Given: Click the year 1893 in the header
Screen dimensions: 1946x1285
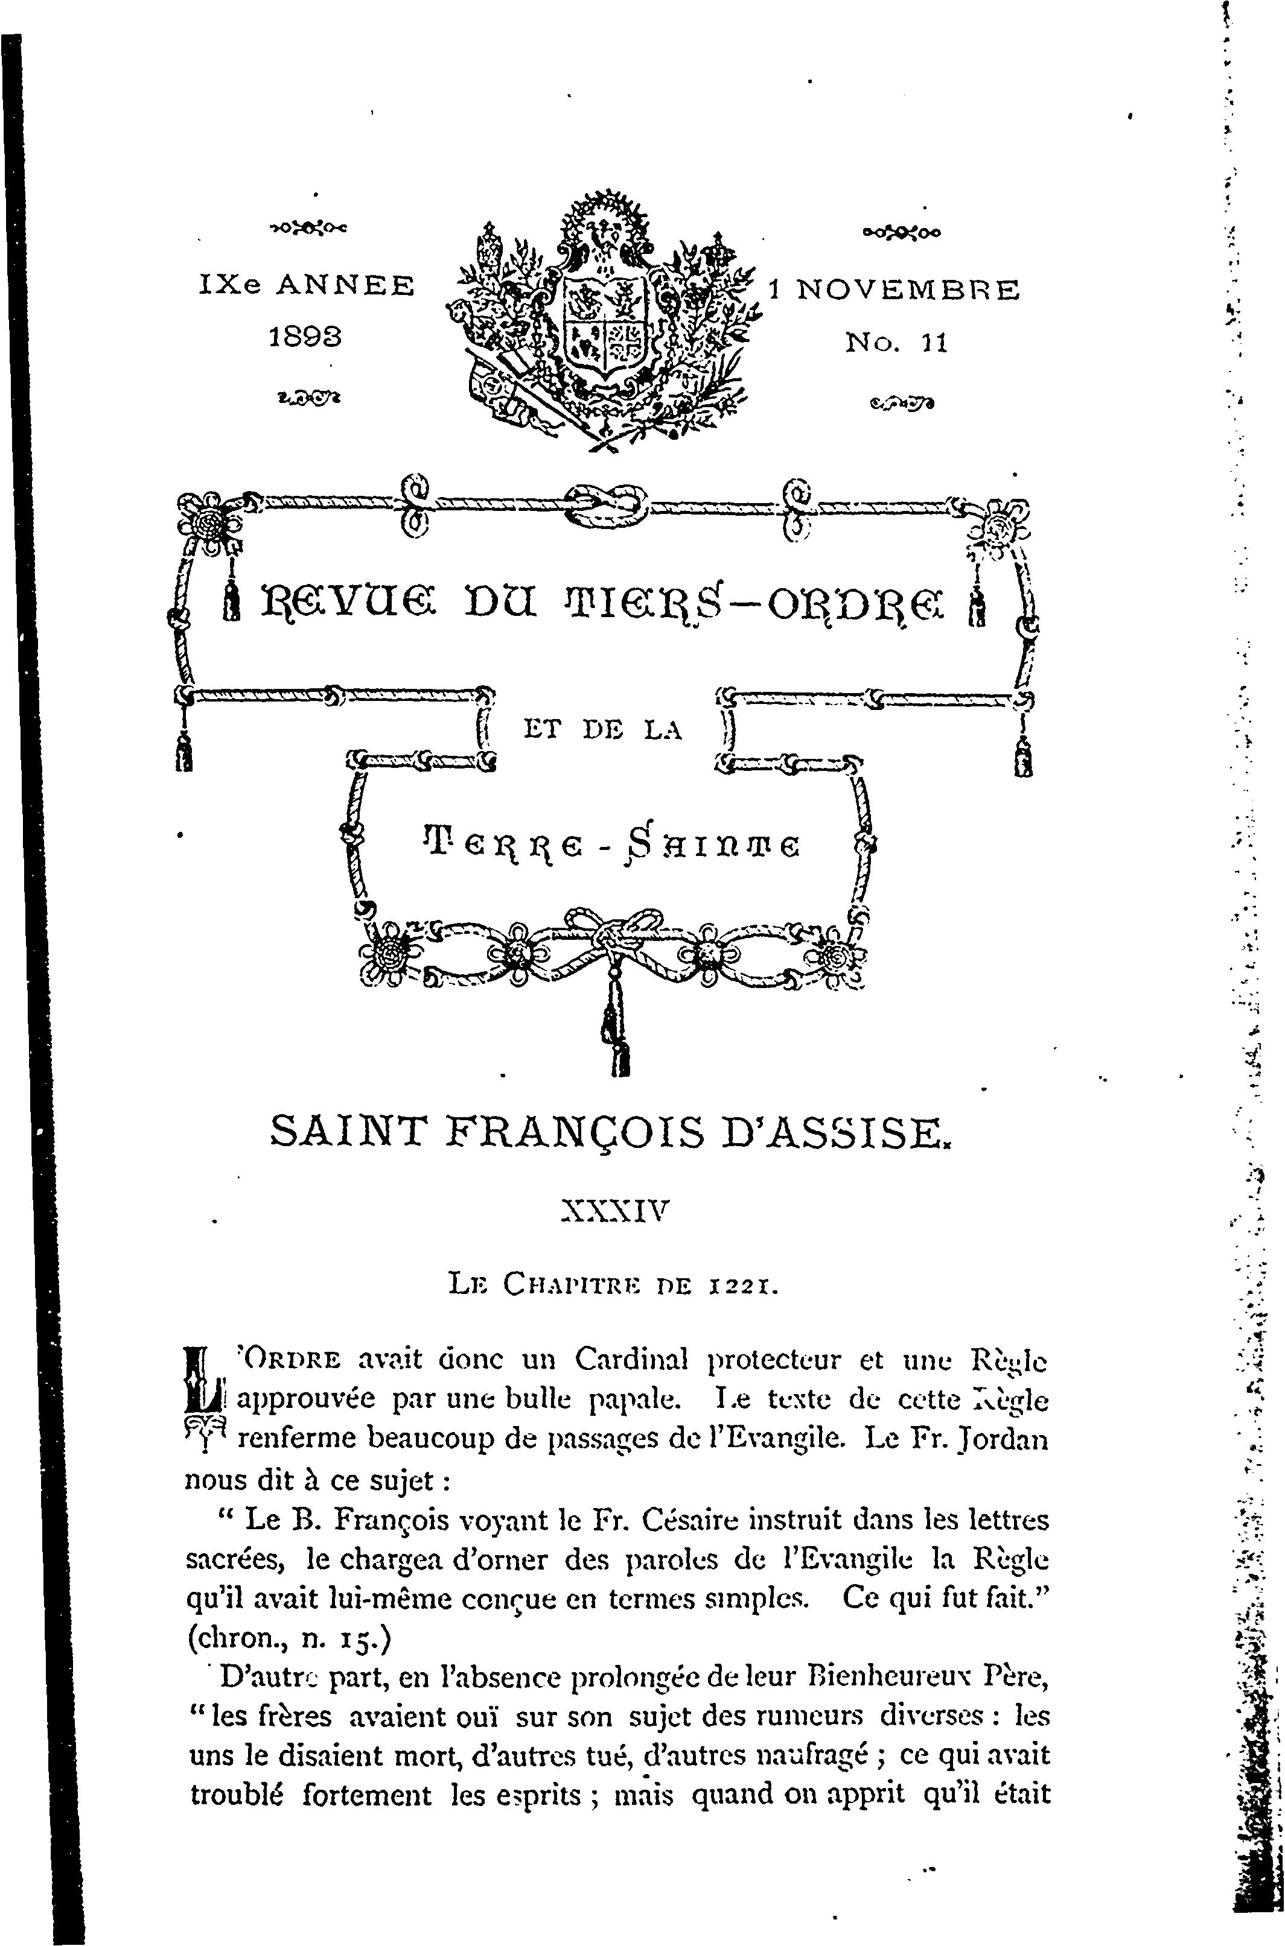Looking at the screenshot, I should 305,337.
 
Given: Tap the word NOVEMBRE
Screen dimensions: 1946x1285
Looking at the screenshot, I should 908,290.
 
